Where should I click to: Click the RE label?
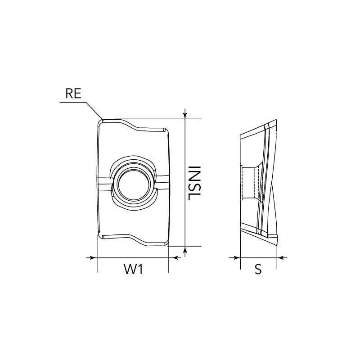pos(73,94)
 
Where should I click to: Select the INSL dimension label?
pos(194,183)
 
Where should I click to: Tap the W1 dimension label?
pos(134,269)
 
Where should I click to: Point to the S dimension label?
pos(258,269)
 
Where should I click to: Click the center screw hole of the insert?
pos(134,184)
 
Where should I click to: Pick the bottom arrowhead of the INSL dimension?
pos(185,250)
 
